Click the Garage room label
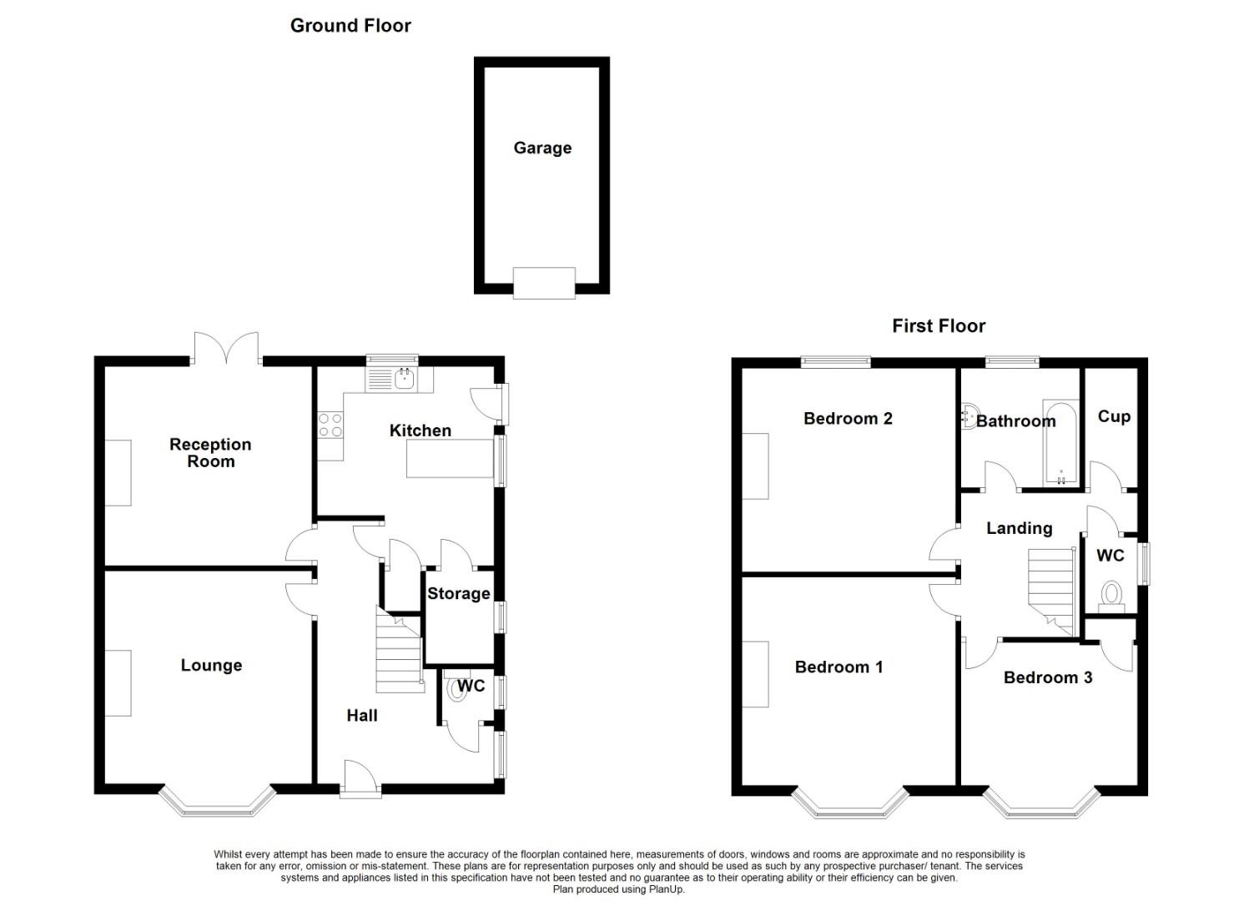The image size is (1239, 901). click(x=542, y=148)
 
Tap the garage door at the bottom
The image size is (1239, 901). click(x=544, y=283)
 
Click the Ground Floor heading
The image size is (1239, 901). click(x=350, y=26)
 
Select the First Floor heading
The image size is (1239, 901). click(x=939, y=326)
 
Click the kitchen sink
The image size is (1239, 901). click(x=405, y=380)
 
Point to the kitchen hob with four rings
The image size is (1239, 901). click(x=330, y=425)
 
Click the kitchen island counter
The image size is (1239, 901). click(x=450, y=459)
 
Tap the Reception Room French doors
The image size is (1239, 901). click(x=226, y=349)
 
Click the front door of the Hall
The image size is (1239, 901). click(x=360, y=778)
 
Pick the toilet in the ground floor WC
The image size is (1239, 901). click(x=456, y=689)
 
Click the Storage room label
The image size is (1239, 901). click(x=458, y=594)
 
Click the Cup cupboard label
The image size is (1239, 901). click(x=1114, y=416)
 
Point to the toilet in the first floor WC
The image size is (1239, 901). click(x=1111, y=596)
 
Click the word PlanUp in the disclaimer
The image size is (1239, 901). click(x=666, y=889)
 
